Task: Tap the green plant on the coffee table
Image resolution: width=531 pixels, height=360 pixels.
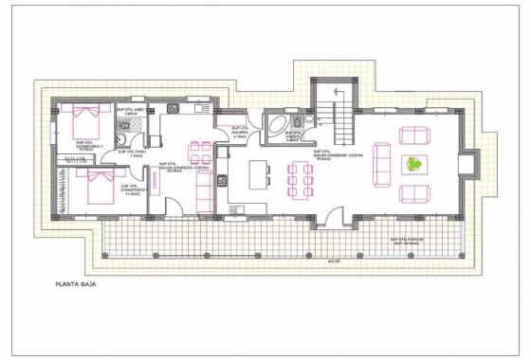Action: click(413, 164)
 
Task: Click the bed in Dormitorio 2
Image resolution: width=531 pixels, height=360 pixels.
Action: click(97, 185)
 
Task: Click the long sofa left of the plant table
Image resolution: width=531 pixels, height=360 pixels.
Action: click(383, 164)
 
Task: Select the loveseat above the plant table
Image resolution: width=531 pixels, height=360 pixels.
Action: click(415, 134)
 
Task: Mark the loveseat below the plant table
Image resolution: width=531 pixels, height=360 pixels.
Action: click(415, 194)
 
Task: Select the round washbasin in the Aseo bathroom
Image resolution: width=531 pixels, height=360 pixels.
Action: click(121, 143)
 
